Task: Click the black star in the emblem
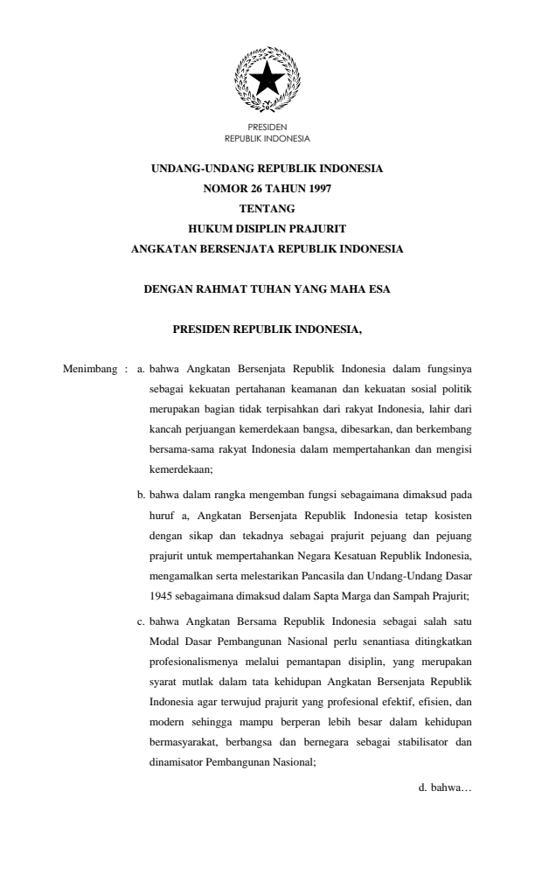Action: (x=267, y=80)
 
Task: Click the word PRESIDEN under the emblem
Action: (x=267, y=128)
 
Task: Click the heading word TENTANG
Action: (x=267, y=208)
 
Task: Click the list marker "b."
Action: (x=142, y=494)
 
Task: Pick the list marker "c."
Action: (x=142, y=619)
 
